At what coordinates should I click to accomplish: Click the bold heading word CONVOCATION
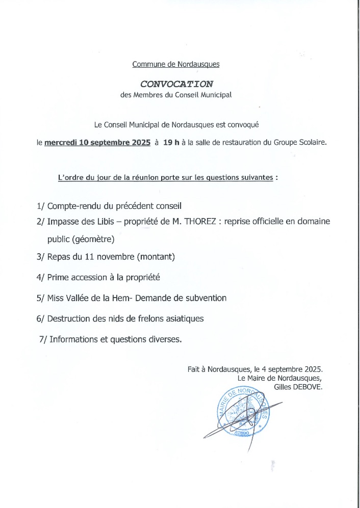176,83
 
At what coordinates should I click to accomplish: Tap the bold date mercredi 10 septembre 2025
97,143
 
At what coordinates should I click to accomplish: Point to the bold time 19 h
171,143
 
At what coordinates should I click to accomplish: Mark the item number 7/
43,339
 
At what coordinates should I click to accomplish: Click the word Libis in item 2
108,222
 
